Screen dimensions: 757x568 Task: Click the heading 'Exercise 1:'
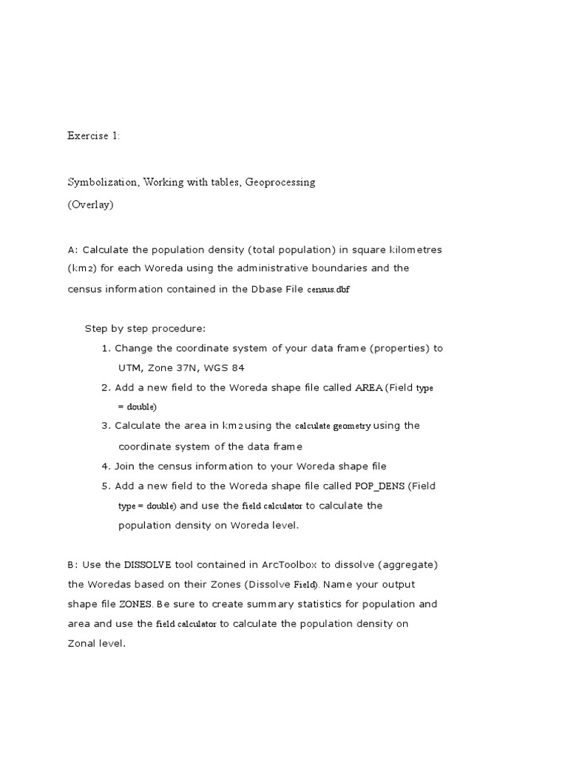point(93,135)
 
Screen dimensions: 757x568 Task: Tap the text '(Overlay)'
point(90,204)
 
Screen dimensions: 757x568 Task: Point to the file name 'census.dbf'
point(328,289)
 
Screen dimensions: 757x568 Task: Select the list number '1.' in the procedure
point(106,348)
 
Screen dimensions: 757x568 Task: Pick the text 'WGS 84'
point(227,367)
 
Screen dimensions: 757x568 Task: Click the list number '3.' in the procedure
point(106,426)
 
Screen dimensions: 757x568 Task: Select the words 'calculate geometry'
point(333,426)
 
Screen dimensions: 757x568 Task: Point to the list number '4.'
point(106,466)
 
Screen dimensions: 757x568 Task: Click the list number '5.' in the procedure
point(106,486)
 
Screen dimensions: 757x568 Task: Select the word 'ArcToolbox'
point(289,565)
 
